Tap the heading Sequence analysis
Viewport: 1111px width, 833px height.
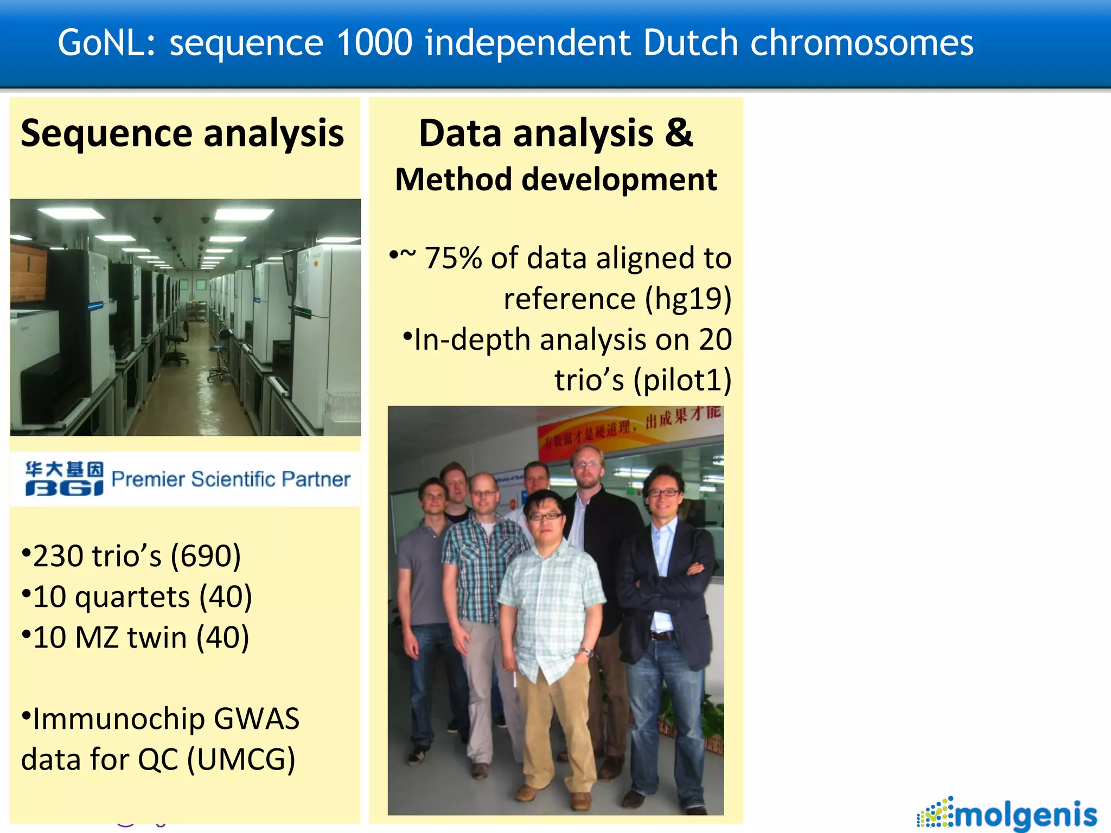tap(182, 133)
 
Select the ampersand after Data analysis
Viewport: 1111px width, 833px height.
tap(679, 132)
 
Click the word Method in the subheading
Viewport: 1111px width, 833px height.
tap(453, 180)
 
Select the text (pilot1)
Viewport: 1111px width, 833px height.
tap(682, 380)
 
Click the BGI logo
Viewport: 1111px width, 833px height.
tap(64, 478)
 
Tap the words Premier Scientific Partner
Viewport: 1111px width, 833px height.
tap(231, 479)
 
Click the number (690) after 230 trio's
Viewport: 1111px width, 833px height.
tap(206, 556)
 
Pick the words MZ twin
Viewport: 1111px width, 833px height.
tap(131, 638)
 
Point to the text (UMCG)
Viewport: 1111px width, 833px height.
tap(241, 760)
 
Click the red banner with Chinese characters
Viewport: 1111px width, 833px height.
tap(629, 428)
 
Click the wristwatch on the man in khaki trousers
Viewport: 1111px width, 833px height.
tap(586, 652)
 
